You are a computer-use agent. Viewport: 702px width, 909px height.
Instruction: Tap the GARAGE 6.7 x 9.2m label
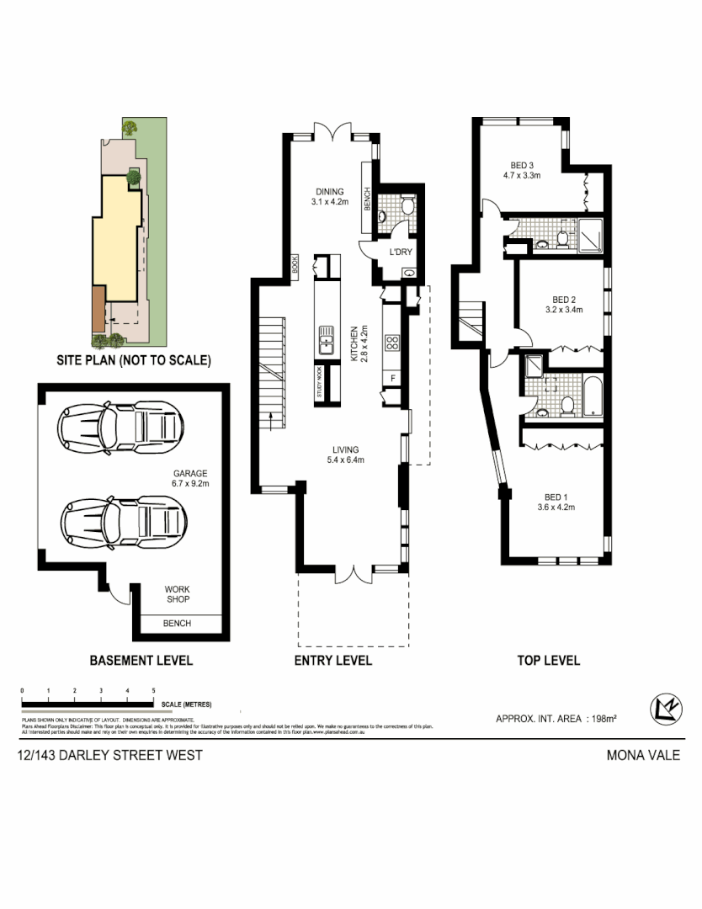tap(190, 478)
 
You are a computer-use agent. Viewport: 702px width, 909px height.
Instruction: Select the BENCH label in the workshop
tap(177, 623)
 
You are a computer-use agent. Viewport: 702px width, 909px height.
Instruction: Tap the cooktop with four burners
tap(391, 343)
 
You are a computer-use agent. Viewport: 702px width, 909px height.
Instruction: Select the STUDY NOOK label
tap(320, 383)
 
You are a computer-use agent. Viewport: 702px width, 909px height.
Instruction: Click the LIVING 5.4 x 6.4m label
tap(345, 454)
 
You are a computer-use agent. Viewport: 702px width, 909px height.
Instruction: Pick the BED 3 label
tap(522, 165)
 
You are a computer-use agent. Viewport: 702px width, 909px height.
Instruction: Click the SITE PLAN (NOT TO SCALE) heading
tap(133, 360)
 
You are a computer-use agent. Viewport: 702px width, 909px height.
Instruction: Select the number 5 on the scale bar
tap(153, 691)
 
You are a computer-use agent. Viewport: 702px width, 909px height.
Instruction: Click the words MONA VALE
tap(643, 755)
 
